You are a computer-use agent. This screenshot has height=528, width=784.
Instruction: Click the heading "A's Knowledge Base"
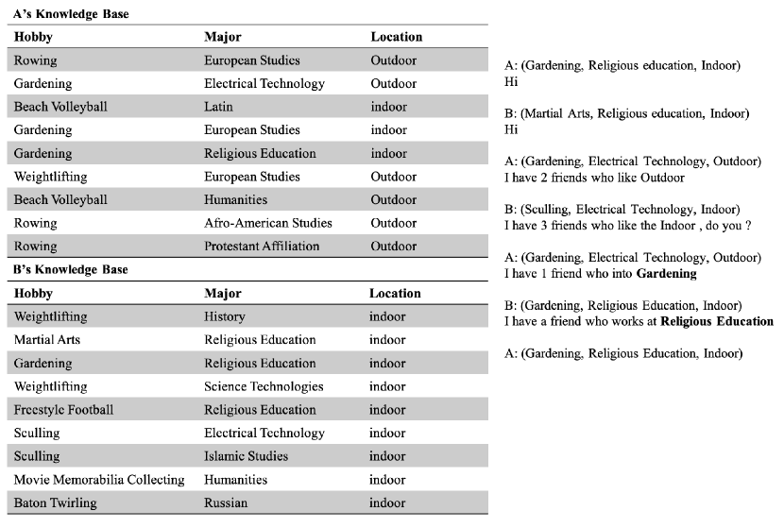[x=72, y=14]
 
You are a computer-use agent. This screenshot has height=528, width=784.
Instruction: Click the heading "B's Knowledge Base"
[x=71, y=269]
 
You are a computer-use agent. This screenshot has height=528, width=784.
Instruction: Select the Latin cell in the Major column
[x=218, y=107]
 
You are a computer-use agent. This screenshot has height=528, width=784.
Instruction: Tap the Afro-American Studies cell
[x=267, y=223]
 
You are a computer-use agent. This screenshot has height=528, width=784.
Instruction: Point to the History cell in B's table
[x=224, y=316]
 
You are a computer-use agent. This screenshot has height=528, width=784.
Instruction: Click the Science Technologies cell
[x=264, y=386]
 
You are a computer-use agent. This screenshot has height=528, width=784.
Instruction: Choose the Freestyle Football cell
[x=63, y=410]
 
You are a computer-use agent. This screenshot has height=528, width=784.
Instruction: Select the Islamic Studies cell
[x=246, y=456]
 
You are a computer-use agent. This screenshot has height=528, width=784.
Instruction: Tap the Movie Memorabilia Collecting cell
[x=99, y=480]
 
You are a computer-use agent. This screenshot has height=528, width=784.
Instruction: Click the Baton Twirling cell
[x=54, y=503]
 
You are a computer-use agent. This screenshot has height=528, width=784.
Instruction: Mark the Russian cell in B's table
[x=226, y=503]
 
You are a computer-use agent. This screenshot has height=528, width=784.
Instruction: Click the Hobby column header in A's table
[x=33, y=37]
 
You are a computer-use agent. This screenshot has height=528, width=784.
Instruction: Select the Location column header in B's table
[x=395, y=293]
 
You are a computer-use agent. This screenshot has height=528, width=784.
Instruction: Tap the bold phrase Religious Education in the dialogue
[x=717, y=321]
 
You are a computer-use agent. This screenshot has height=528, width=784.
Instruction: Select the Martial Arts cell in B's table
[x=47, y=340]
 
